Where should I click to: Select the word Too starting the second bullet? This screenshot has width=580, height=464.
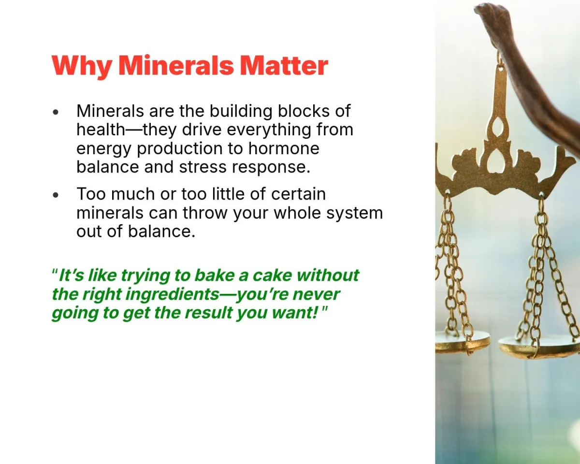click(x=91, y=194)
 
